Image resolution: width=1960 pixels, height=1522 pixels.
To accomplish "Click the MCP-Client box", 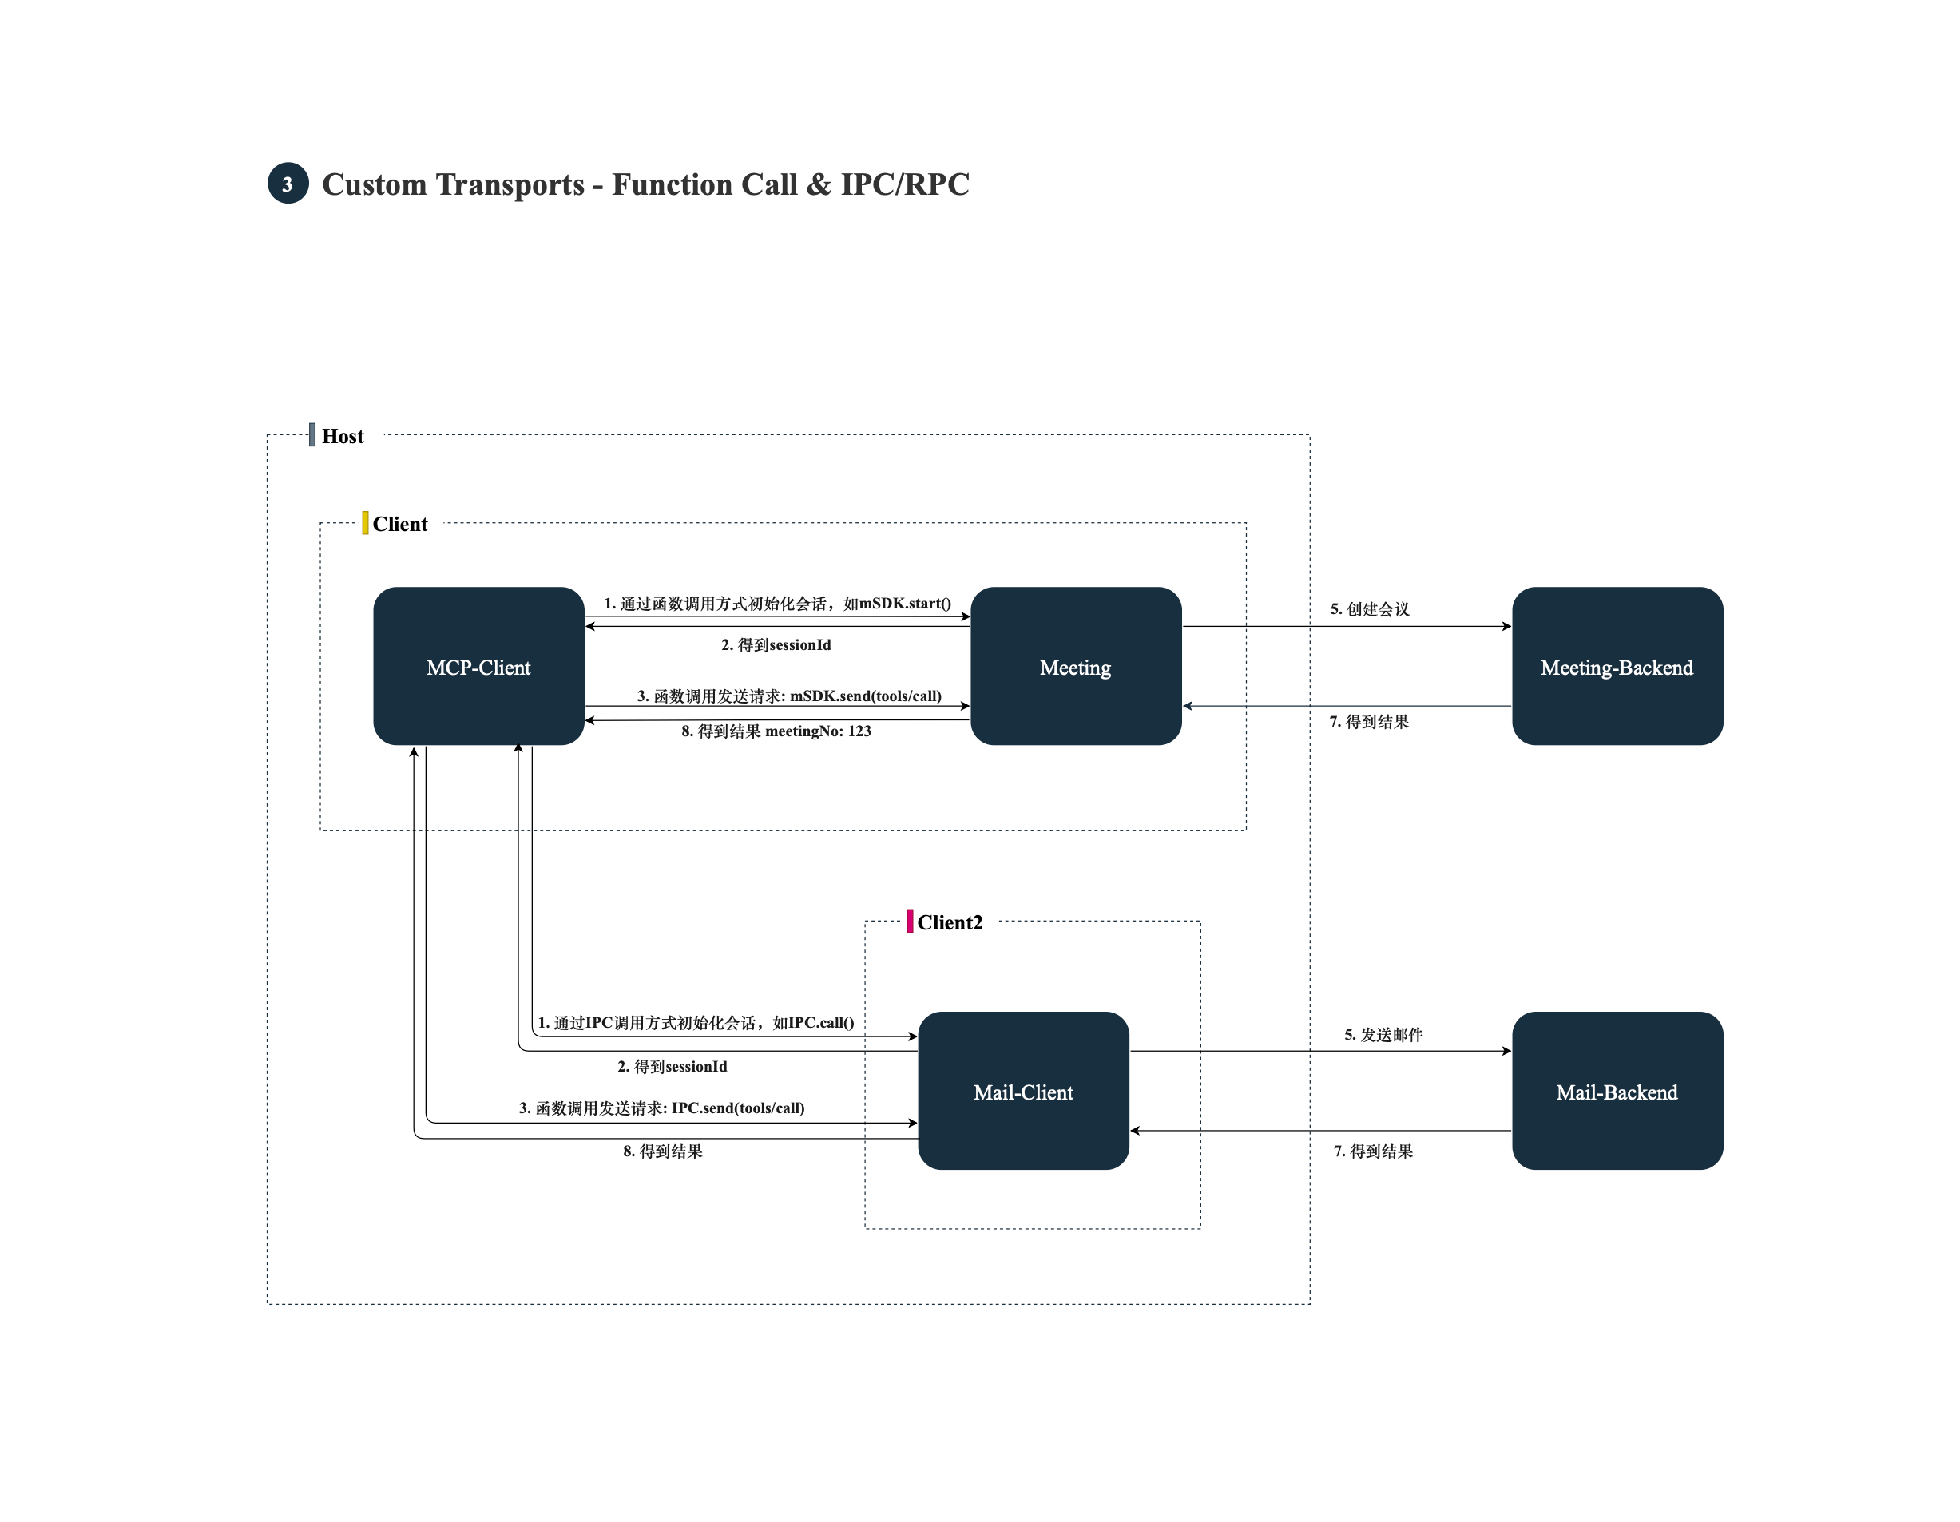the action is point(478,666).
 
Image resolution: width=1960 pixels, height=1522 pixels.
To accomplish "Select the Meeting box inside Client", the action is point(1076,666).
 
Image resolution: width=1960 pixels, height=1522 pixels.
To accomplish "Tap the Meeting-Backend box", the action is point(1617,666).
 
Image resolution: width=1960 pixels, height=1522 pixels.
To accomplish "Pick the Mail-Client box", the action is point(1023,1090).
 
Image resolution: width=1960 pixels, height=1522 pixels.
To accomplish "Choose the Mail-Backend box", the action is point(1617,1090).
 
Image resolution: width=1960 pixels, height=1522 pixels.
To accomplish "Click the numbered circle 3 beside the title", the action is point(288,183).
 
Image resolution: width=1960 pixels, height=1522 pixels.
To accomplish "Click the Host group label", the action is point(343,436).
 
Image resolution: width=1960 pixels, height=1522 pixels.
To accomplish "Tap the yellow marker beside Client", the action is point(365,522).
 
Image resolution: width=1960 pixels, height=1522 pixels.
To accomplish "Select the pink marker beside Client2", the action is point(910,921).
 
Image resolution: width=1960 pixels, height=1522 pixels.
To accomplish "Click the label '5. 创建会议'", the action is point(1370,609).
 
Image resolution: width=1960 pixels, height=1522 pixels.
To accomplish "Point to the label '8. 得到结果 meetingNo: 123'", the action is point(776,731).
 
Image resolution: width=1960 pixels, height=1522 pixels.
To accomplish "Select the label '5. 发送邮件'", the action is point(1384,1035).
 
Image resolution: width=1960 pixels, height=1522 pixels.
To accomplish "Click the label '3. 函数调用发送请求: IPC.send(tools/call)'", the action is point(661,1108).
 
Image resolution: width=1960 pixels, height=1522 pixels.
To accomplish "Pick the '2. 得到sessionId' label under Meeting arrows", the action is point(776,644).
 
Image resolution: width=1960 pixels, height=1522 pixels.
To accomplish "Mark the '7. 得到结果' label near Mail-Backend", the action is point(1373,1151).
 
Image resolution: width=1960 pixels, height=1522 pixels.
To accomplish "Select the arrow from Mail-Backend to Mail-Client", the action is point(1320,1131).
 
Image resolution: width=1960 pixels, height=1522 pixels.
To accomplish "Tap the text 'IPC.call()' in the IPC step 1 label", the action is point(821,1022).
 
